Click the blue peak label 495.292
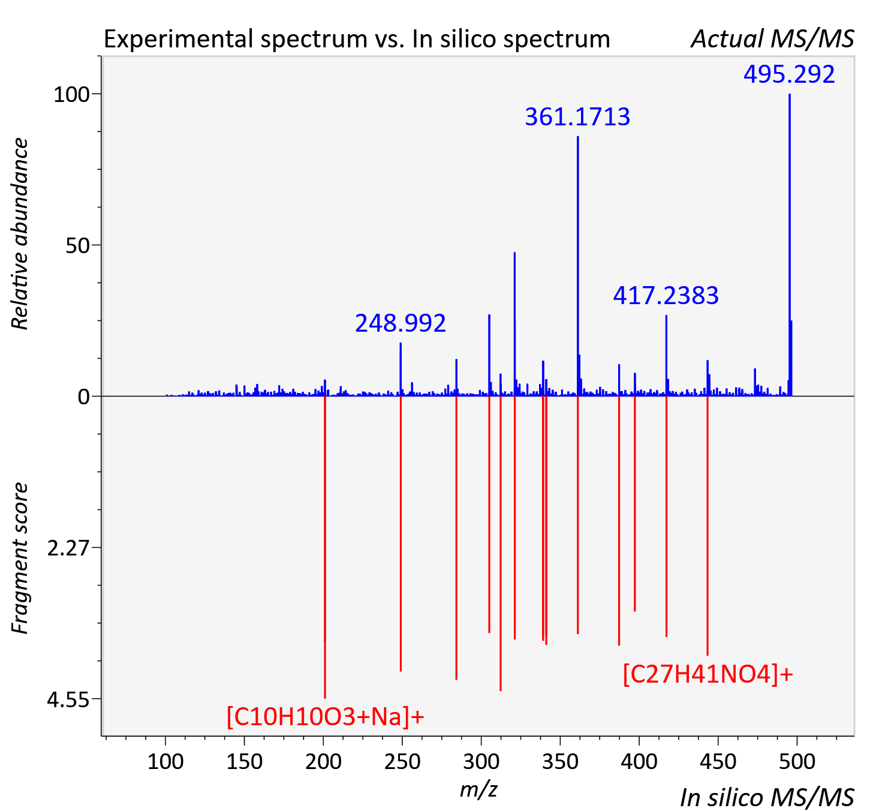[788, 74]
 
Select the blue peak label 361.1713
[577, 117]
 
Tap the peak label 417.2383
[666, 295]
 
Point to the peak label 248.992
[400, 323]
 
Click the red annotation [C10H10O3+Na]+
[326, 716]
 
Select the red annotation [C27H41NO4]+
[708, 674]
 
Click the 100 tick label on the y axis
[71, 95]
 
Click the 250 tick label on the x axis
[402, 761]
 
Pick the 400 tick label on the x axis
[639, 761]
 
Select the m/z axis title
[478, 789]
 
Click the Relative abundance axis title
[20, 233]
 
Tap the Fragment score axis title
[20, 558]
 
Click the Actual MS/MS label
[772, 39]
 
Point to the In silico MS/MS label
[767, 797]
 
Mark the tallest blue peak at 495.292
[790, 245]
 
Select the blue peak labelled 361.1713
[577, 266]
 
